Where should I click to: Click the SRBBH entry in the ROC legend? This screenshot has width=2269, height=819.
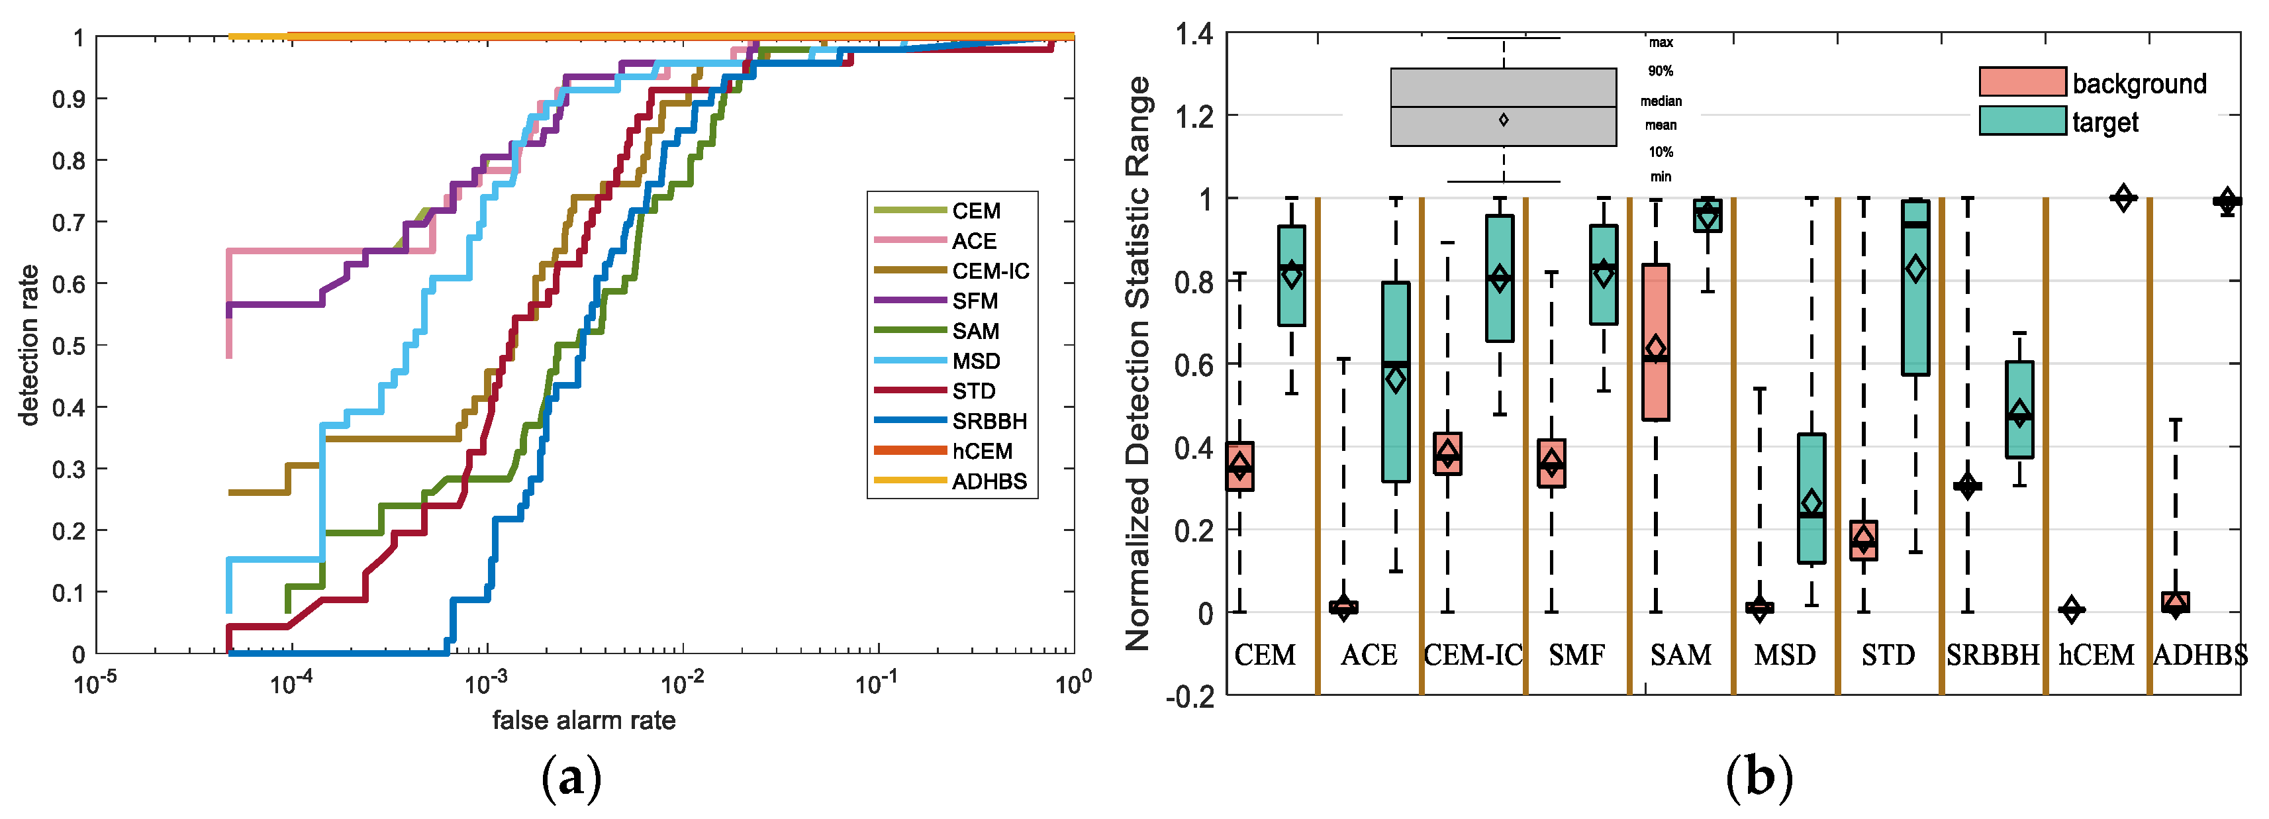[x=989, y=421]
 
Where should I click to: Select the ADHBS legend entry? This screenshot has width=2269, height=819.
[x=989, y=481]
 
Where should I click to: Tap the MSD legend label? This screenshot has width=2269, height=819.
[x=975, y=361]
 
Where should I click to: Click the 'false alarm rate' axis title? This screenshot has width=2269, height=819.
[x=583, y=720]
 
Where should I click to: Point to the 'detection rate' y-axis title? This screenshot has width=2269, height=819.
[x=29, y=345]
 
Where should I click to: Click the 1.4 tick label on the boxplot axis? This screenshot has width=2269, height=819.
[x=1194, y=35]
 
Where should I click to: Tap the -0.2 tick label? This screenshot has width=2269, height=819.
[x=1188, y=697]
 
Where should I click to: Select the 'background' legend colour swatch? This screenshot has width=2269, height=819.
[x=2021, y=82]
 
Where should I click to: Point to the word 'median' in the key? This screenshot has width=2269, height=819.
[x=1661, y=101]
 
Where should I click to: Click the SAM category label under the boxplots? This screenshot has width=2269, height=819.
[x=1680, y=655]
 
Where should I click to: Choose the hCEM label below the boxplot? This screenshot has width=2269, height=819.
[x=2096, y=655]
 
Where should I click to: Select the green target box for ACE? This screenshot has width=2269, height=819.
[x=1395, y=382]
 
